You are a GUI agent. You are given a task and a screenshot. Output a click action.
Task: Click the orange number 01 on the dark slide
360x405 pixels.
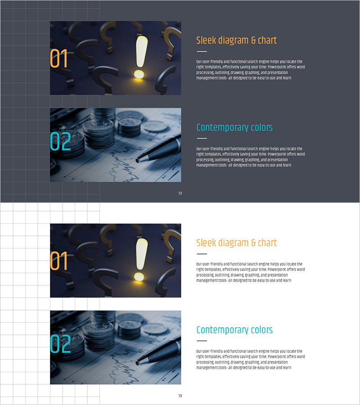pos(58,58)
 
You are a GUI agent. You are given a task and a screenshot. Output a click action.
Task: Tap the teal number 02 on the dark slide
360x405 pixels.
pos(60,141)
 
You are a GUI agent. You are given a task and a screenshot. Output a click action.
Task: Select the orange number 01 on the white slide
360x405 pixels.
pos(58,261)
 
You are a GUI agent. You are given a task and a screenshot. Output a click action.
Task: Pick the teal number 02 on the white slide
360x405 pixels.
pos(60,344)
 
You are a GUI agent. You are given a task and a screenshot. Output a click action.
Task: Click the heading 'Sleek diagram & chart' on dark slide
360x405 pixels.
pos(236,40)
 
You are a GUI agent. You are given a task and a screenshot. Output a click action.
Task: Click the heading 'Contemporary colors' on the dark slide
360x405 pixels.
pos(234,127)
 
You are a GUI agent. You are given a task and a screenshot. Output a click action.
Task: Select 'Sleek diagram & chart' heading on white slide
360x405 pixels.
pos(236,243)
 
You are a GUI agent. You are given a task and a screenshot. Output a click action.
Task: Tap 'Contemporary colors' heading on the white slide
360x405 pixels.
pos(234,330)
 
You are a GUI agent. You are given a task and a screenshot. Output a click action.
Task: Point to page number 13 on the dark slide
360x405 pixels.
pos(180,193)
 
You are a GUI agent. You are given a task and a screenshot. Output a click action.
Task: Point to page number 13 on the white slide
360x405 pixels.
pos(180,396)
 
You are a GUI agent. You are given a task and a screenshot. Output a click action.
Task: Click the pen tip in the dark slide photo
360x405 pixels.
pos(138,160)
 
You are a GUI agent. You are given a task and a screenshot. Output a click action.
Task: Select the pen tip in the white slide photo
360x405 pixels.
pos(138,363)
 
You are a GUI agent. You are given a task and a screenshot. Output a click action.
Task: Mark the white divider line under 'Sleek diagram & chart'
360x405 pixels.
pos(202,51)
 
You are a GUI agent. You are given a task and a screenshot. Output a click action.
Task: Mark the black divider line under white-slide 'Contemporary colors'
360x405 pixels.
pos(202,341)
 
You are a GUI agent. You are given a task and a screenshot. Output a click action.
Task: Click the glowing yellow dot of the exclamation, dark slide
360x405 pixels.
pos(139,74)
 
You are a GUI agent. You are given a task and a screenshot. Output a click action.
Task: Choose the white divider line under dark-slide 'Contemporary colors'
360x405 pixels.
pos(202,139)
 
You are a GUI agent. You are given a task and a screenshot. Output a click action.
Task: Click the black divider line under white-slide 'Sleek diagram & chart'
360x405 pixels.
pos(202,254)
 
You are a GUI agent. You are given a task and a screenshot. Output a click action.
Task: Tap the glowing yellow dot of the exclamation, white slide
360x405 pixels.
pos(139,277)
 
